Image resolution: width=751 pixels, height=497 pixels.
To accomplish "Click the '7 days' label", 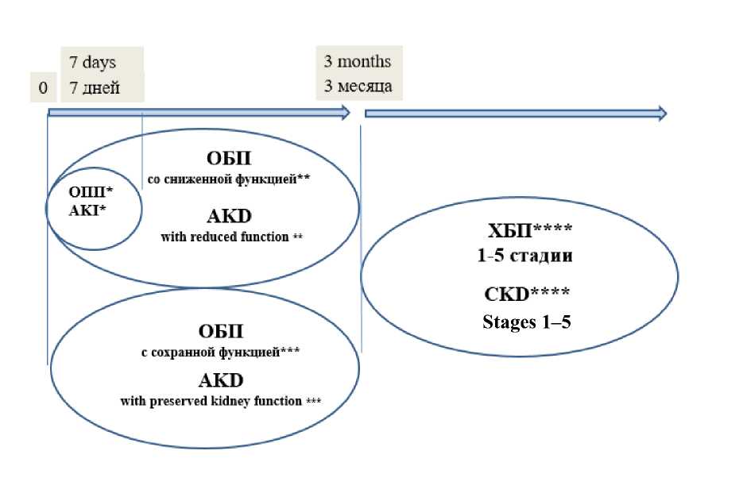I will pos(92,63).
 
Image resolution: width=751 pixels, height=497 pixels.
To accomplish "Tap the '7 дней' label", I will pos(95,87).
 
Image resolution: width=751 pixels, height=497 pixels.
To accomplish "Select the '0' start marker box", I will pos(43,88).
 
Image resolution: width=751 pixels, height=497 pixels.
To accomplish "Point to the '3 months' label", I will pos(357,61).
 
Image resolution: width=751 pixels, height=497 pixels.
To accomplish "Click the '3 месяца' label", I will pos(358,86).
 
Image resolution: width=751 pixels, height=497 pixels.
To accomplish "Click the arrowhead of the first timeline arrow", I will pos(345,114).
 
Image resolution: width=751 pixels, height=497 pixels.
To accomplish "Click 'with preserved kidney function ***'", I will pos(220,401).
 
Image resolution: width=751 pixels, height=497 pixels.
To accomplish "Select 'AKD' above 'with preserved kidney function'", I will pos(220,379).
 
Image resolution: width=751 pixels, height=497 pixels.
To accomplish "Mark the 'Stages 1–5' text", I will pos(526,322).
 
